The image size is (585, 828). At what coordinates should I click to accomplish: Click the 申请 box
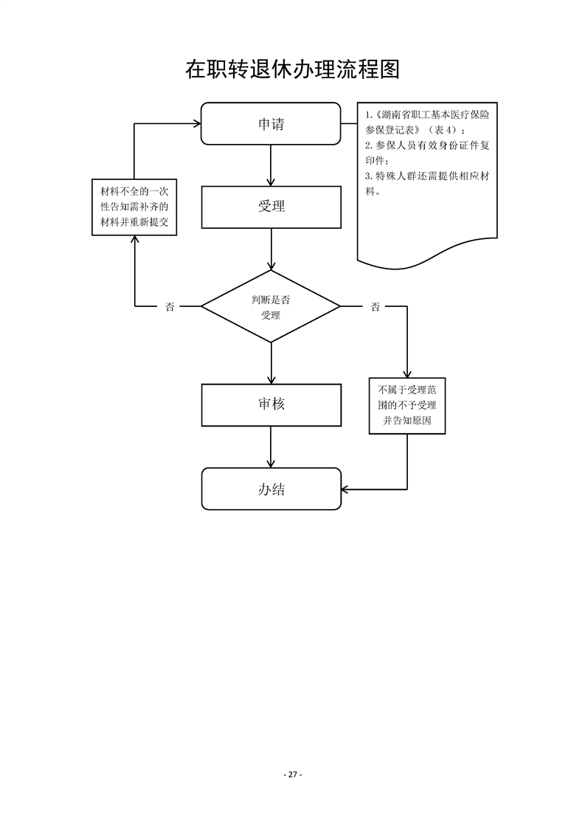click(x=271, y=124)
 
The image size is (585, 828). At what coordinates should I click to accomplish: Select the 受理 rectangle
click(x=271, y=207)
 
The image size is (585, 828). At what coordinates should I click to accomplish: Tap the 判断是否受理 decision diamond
click(x=271, y=306)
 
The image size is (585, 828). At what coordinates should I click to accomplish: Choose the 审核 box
click(x=271, y=404)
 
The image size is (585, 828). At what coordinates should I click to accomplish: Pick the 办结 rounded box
click(x=271, y=489)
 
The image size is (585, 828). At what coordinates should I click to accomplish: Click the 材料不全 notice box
click(x=134, y=207)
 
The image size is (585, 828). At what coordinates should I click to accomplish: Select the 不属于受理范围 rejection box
click(x=407, y=405)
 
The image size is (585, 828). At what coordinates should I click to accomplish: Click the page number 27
click(x=293, y=774)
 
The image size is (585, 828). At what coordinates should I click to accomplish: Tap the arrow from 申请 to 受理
click(x=271, y=165)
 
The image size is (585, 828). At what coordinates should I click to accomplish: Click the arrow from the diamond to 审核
click(x=271, y=363)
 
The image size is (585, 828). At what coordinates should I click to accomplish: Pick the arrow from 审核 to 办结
click(x=271, y=446)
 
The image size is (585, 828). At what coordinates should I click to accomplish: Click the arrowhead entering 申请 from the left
click(x=195, y=124)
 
